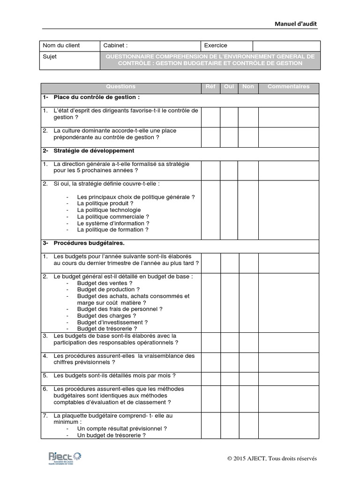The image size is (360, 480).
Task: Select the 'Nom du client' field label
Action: coord(61,45)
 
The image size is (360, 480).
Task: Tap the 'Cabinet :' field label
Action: coord(115,45)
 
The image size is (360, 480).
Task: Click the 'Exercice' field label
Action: coord(216,45)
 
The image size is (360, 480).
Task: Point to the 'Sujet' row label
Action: coord(50,57)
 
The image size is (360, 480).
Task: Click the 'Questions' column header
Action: coord(120,87)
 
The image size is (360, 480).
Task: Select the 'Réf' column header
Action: coord(210,87)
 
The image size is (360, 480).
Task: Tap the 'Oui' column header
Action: coord(229,87)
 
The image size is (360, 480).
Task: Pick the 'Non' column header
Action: coord(248,87)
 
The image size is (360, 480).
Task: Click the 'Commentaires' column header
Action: coord(288,87)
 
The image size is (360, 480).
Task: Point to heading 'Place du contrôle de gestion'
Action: coord(96,97)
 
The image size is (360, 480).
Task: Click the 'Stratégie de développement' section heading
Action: coord(94,151)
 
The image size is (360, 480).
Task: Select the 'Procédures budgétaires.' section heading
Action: coord(89,243)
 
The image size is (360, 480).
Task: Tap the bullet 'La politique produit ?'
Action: coord(105,204)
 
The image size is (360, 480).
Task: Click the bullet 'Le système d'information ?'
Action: coord(113,224)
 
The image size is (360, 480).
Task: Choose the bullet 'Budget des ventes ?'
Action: coord(105,283)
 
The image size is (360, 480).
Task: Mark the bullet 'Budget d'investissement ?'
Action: coord(112,322)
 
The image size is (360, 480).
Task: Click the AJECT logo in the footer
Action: coord(65,458)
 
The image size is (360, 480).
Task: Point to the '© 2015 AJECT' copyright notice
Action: coord(272,458)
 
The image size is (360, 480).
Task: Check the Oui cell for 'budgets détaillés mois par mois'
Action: coord(229,376)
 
